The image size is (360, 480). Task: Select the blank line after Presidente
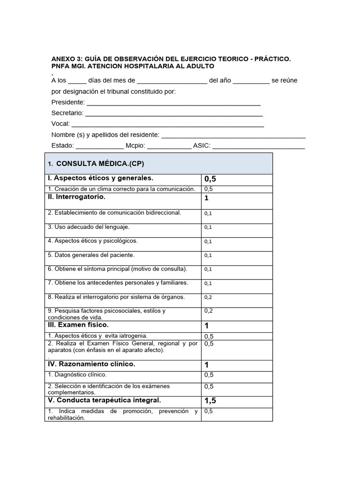[x=173, y=102]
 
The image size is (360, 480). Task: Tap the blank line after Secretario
[x=174, y=113]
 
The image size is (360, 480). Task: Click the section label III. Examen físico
[x=78, y=325]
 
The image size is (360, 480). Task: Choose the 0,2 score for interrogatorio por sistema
[x=208, y=297]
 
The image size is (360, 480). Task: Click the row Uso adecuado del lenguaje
[x=89, y=227]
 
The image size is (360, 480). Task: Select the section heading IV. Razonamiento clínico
[x=91, y=364]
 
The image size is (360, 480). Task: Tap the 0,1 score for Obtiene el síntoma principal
[x=208, y=269]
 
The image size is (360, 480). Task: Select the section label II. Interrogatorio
[x=76, y=197]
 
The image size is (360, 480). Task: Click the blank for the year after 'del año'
[x=251, y=81]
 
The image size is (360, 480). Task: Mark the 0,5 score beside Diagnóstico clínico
[x=209, y=375]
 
